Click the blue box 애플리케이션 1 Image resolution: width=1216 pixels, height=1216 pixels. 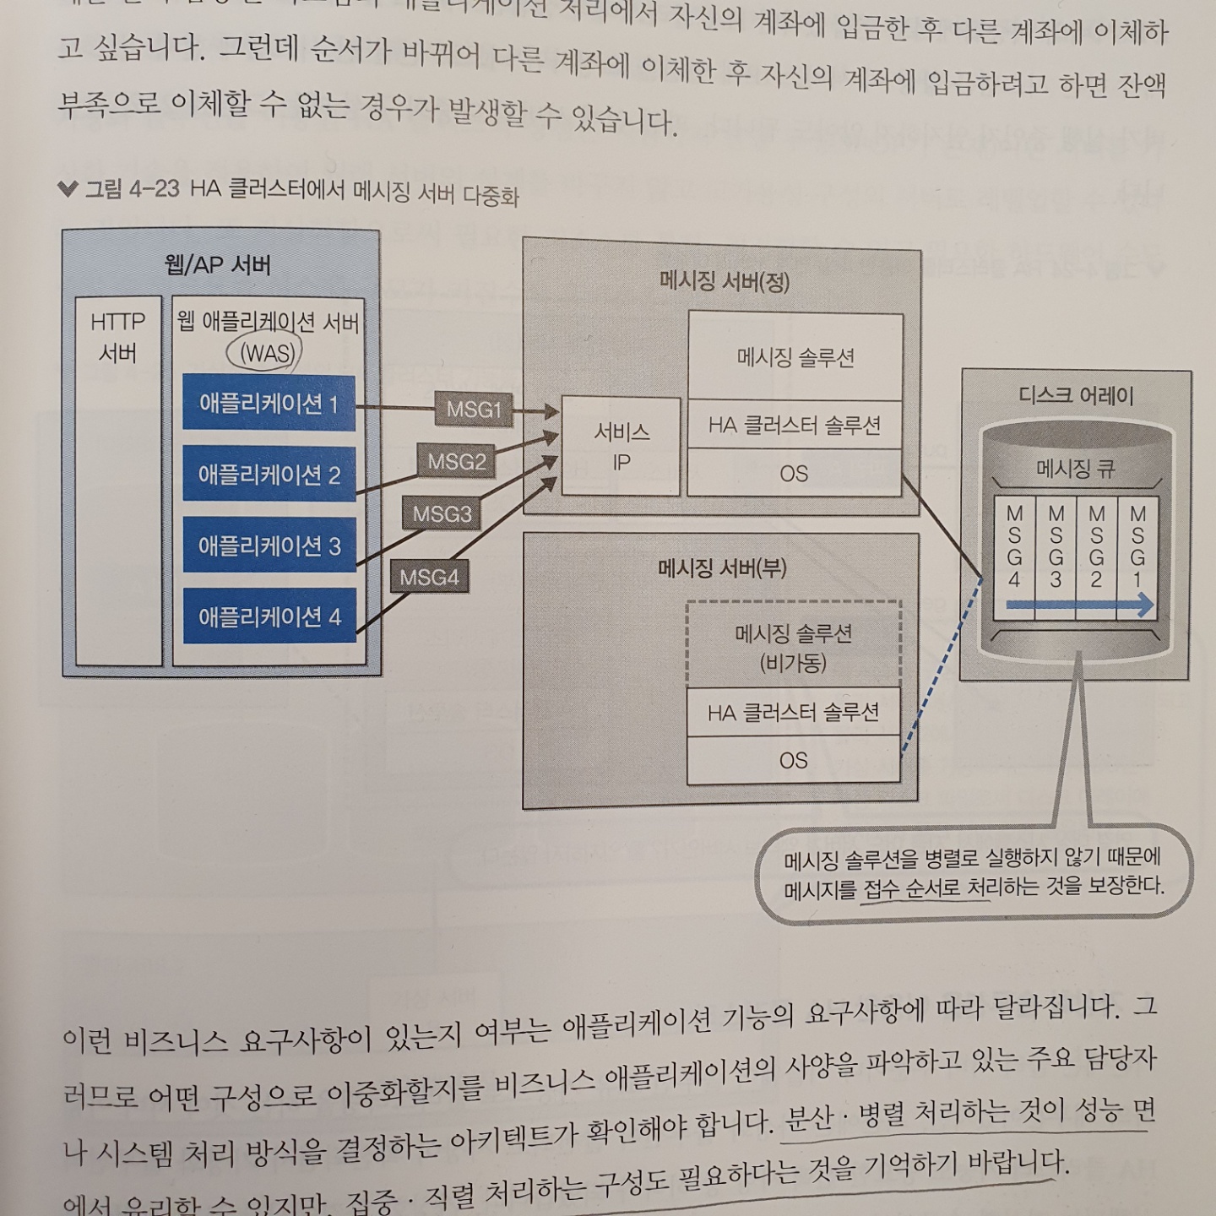coord(269,404)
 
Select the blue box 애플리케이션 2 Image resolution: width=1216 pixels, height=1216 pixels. coord(269,475)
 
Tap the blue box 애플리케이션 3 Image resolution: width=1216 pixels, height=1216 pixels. coord(269,546)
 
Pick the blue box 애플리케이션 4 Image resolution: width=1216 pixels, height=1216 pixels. coord(269,616)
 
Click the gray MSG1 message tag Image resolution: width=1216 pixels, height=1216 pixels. coord(474,410)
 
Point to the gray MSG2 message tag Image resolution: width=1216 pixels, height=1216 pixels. coord(456,462)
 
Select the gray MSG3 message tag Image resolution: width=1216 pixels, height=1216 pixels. coord(442,513)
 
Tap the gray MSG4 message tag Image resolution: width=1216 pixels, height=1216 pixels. coord(429,578)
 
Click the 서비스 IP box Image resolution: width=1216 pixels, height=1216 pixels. coord(621,446)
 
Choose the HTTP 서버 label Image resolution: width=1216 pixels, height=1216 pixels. coord(117,336)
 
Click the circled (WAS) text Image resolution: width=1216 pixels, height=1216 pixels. coord(267,353)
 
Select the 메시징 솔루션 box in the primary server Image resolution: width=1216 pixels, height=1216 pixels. coord(795,357)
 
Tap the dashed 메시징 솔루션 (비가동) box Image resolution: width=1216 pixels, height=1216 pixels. coord(793,647)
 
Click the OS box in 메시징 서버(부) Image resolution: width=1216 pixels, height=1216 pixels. coord(793,760)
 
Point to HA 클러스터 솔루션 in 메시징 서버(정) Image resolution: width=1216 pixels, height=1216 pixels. coord(795,425)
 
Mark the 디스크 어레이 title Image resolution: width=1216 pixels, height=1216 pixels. coord(1075,395)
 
